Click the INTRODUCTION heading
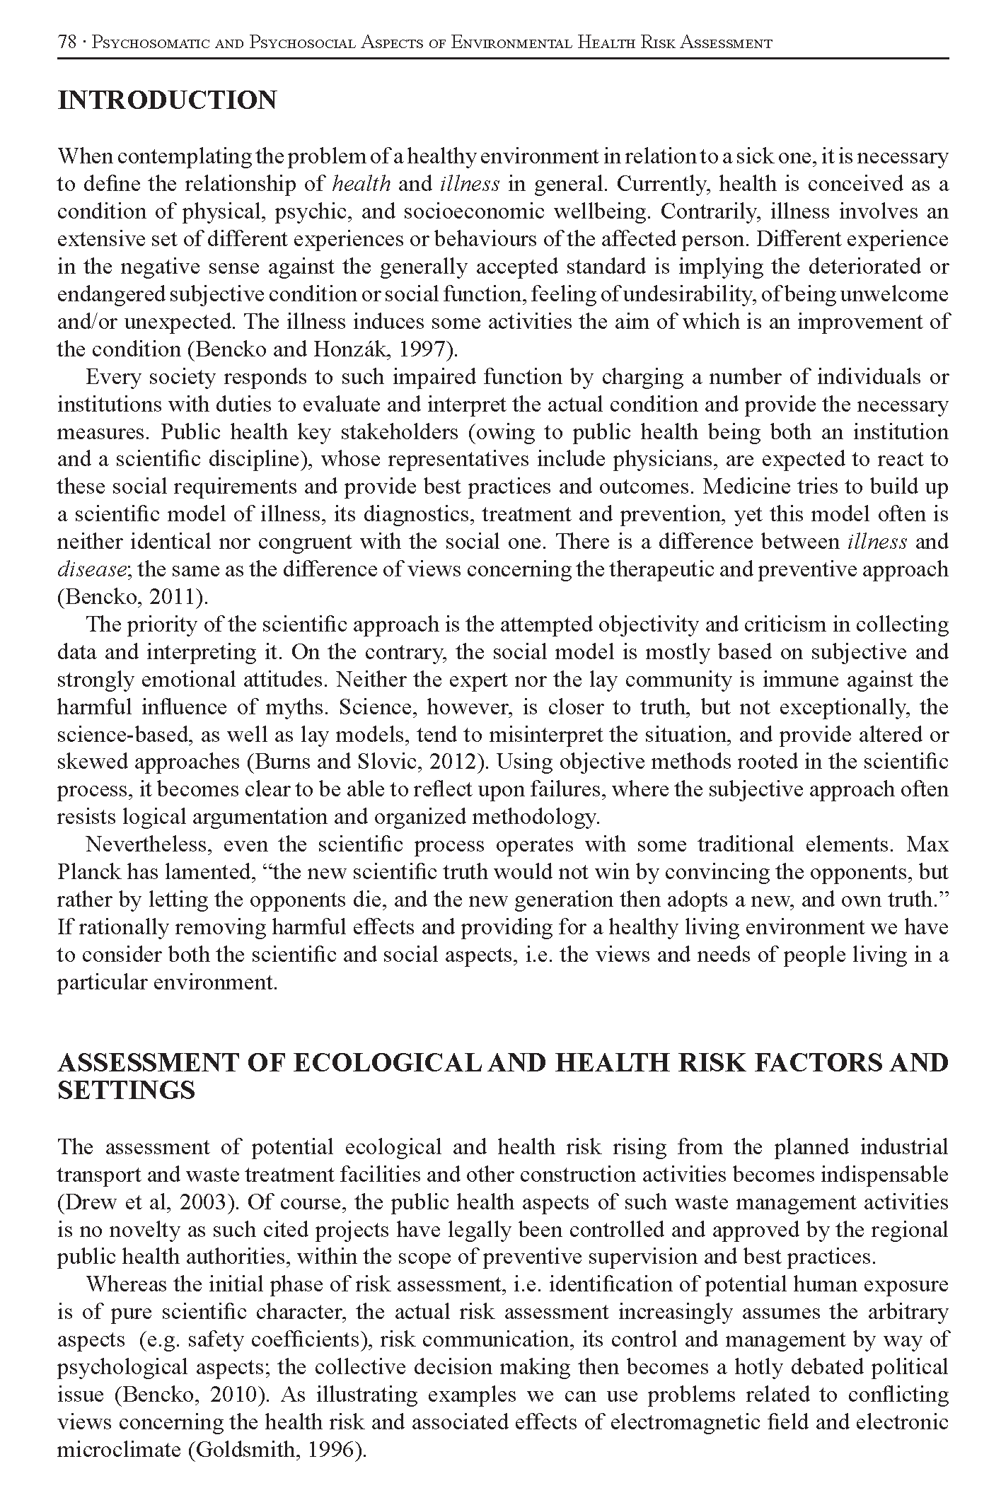tap(167, 100)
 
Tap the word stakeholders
tap(397, 432)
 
